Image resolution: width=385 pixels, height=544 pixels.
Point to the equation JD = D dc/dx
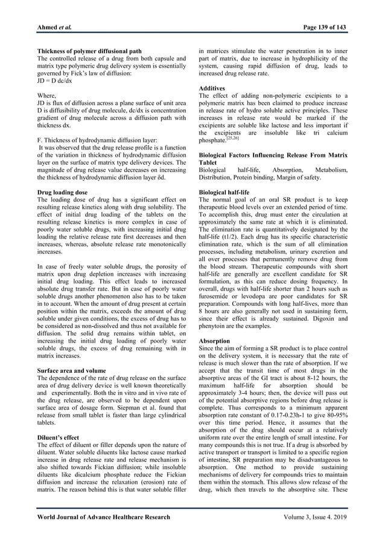tap(55, 80)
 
